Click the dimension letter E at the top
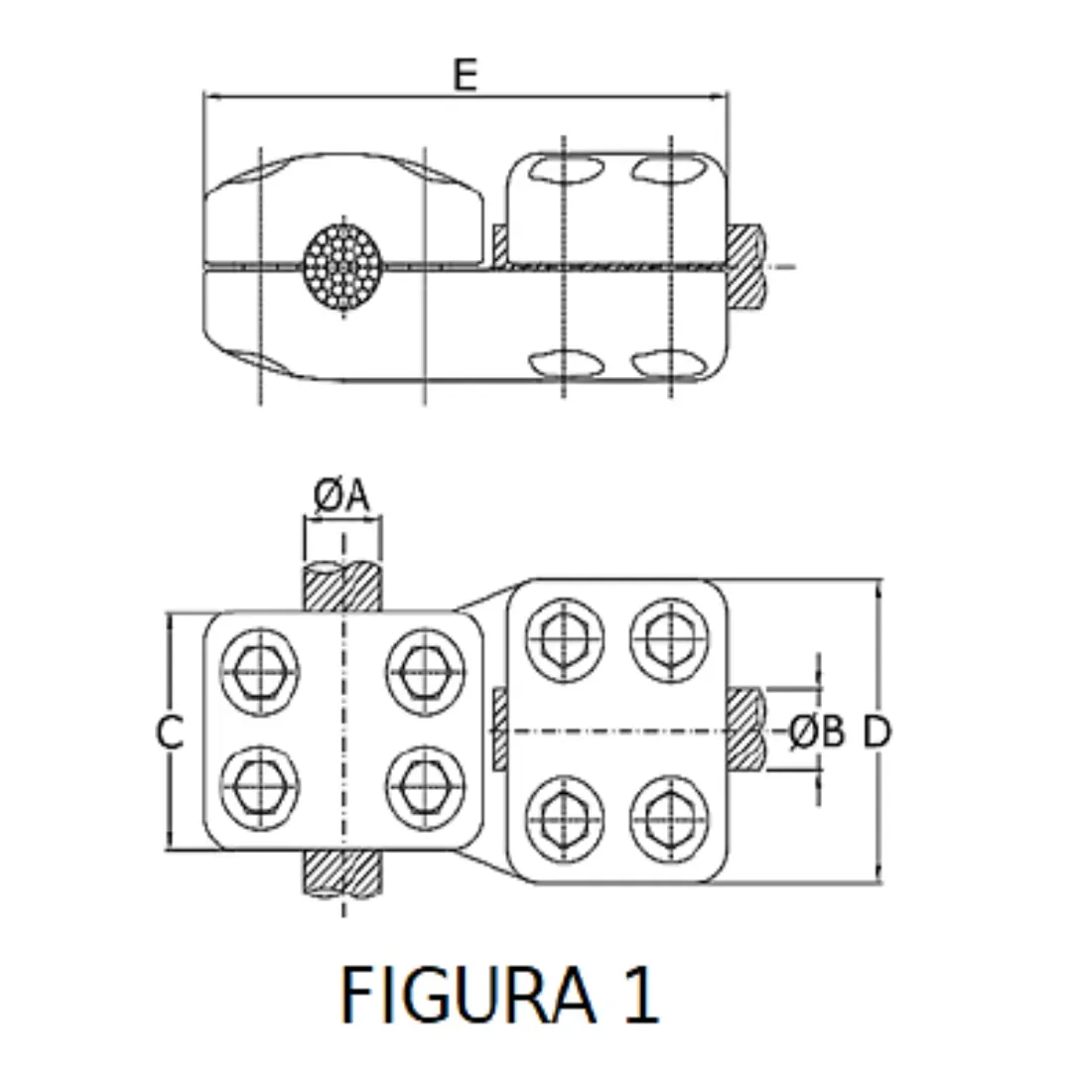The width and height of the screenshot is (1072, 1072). pos(466,75)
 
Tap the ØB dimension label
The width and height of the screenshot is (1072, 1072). pos(817,733)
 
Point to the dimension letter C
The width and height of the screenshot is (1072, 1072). pos(170,733)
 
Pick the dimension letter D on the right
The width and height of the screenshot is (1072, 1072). pos(876,733)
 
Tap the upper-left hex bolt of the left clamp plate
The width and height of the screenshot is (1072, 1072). pos(259,668)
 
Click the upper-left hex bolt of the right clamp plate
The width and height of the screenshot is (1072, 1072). pos(564,636)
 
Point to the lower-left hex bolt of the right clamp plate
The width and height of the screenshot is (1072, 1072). pos(564,820)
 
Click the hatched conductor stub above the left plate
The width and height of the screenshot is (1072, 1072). pos(342,588)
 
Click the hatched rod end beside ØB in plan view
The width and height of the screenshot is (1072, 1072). pos(745,731)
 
